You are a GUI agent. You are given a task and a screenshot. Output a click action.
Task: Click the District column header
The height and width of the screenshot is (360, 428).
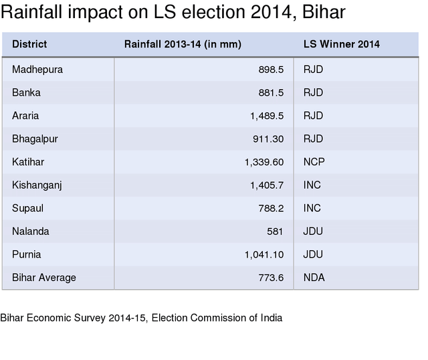29,44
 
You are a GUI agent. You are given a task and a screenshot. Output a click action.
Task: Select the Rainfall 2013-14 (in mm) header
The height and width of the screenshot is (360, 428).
183,44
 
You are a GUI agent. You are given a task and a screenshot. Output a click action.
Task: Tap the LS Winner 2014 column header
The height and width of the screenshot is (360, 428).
341,44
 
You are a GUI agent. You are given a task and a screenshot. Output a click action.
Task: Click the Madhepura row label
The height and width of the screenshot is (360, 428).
37,69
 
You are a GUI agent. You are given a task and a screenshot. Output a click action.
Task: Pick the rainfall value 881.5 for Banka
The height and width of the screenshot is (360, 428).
271,92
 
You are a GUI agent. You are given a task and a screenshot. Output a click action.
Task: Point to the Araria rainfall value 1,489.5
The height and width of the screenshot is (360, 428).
267,116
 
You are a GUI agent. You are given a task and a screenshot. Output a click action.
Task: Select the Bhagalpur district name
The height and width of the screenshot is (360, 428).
35,139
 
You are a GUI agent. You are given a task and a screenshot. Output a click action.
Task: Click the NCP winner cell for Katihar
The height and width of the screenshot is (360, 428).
314,162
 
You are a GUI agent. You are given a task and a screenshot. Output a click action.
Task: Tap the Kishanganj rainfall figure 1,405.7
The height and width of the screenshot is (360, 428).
267,185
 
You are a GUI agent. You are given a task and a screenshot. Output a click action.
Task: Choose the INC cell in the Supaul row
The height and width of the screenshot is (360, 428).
312,208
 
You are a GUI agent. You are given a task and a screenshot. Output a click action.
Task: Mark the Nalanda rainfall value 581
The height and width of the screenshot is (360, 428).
275,232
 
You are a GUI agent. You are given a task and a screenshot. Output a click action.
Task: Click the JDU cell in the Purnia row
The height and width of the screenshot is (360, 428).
313,254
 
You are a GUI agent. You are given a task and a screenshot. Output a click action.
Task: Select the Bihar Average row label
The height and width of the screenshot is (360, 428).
44,278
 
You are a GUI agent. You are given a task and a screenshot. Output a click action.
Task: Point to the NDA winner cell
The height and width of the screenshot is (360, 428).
314,278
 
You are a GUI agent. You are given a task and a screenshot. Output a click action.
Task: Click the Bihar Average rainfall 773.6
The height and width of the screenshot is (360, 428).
271,278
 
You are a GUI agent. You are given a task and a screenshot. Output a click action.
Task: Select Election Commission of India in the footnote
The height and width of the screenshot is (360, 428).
217,318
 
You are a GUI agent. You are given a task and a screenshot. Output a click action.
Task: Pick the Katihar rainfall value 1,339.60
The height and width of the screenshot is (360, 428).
264,162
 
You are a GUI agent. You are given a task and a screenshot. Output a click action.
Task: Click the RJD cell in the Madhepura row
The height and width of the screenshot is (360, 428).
313,69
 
